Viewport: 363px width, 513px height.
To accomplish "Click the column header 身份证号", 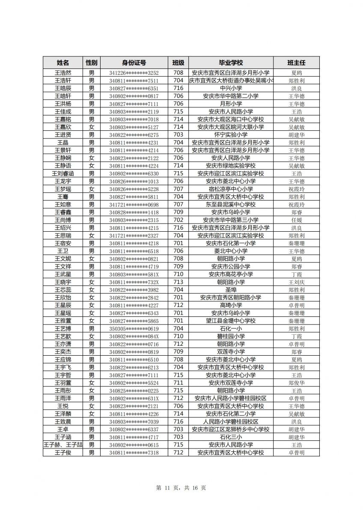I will [x=134, y=62].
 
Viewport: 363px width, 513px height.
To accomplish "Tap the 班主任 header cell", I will [x=296, y=62].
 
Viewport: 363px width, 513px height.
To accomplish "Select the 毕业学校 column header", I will [x=231, y=62].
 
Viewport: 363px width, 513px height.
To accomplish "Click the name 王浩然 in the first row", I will [x=63, y=73].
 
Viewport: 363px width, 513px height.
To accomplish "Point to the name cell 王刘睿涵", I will [x=63, y=174].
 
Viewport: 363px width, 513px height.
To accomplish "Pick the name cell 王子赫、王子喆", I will [x=63, y=445].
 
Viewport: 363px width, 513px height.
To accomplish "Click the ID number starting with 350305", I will [x=134, y=329].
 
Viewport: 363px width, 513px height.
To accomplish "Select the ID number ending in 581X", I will [x=134, y=274].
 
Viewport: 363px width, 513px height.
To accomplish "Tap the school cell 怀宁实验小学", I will [x=231, y=135].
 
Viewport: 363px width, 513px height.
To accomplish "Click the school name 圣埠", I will [x=231, y=290].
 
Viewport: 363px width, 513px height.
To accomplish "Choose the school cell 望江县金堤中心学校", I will [x=231, y=321].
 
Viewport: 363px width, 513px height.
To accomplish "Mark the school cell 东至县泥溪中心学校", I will [x=231, y=205].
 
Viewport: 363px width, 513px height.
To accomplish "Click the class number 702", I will [x=178, y=220].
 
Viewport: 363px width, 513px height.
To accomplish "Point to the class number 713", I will [x=178, y=282].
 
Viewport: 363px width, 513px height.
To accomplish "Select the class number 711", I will [x=178, y=383].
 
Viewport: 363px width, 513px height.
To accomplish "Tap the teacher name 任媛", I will [x=296, y=220].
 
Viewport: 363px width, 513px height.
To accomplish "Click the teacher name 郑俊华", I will [x=296, y=383].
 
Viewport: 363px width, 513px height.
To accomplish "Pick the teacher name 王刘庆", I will [x=296, y=282].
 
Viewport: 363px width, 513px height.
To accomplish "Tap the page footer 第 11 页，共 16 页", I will [x=181, y=488].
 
